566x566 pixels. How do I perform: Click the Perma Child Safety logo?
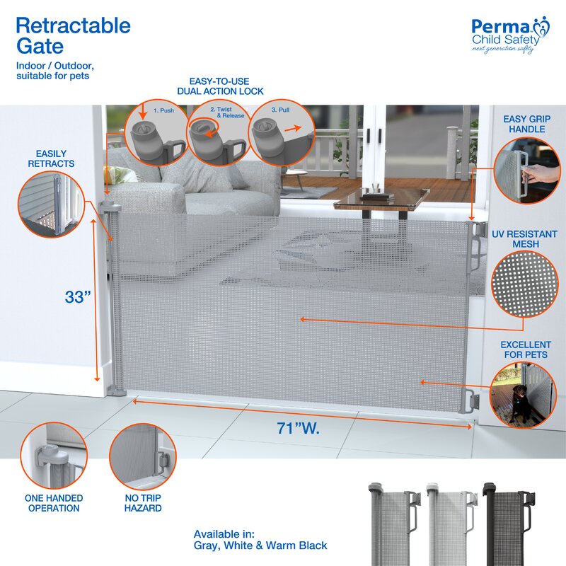[510, 35]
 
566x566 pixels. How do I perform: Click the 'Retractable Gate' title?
[74, 36]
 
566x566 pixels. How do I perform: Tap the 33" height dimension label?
[78, 297]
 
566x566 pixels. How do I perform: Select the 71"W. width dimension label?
[298, 428]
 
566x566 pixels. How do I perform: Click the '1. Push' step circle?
[156, 132]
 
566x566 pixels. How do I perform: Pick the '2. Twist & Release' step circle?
[219, 132]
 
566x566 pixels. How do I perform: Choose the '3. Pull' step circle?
[282, 132]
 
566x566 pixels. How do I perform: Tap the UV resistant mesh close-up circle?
[525, 284]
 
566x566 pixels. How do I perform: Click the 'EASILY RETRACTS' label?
[51, 158]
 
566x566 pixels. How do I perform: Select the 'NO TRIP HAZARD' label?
[143, 503]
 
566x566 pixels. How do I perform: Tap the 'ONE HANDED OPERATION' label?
[54, 503]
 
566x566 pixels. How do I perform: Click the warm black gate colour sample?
[509, 524]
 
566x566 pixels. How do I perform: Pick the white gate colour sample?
[451, 524]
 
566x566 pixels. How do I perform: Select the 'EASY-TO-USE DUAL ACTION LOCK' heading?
[220, 86]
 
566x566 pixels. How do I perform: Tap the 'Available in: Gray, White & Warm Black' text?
[260, 540]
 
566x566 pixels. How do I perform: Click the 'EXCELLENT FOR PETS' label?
[526, 350]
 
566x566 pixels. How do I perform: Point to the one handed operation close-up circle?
[54, 456]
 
